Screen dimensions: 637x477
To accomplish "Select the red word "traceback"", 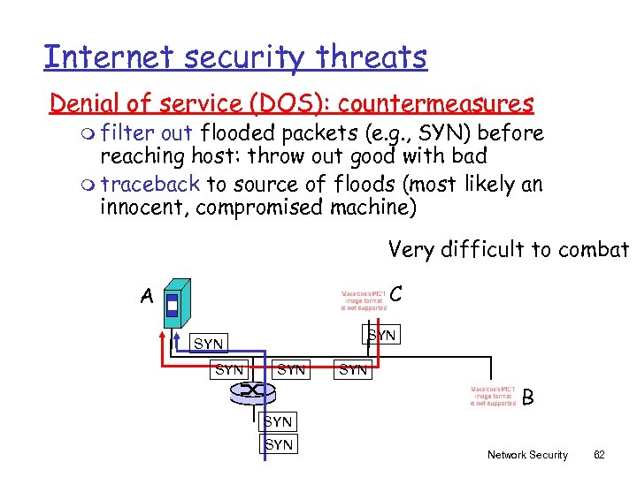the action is [150, 184].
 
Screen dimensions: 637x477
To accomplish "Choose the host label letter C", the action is [396, 292].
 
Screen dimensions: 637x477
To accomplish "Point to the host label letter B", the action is [528, 397].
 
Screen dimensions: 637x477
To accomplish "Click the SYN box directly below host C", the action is [381, 336].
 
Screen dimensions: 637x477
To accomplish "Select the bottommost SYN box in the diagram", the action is [279, 444].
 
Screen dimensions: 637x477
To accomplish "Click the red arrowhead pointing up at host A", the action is [163, 335].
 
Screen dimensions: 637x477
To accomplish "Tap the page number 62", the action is [599, 455].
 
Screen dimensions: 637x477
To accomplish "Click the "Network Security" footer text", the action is [527, 455].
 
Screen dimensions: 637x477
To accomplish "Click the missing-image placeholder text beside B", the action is [493, 396].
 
